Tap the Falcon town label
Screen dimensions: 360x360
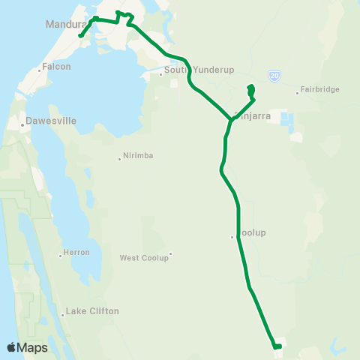[57, 66]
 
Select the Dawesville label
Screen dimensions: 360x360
[51, 120]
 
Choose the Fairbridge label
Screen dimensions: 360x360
[320, 89]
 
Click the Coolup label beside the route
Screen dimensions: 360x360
[252, 232]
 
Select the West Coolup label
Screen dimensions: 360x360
[144, 257]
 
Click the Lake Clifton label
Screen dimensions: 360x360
[92, 310]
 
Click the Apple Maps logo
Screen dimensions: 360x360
[27, 347]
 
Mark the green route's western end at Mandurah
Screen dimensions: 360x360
[80, 34]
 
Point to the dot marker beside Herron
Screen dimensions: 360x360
[61, 256]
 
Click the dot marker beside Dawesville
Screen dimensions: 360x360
[23, 124]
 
